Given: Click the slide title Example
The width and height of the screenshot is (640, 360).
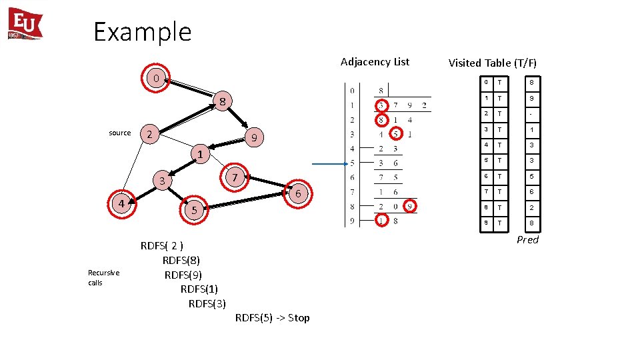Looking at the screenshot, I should (x=142, y=31).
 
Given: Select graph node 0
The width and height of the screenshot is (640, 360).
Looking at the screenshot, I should (x=155, y=79).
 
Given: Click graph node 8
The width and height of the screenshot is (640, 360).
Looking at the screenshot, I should (x=223, y=102).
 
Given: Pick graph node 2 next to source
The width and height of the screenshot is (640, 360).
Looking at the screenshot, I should (x=150, y=135).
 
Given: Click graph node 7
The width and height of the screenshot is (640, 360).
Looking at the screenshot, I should (x=234, y=177).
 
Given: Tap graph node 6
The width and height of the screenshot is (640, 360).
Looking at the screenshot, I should (x=299, y=193).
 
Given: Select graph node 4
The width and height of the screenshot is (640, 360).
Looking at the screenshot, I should (x=122, y=203).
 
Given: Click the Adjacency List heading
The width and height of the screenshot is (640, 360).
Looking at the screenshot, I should (x=375, y=62).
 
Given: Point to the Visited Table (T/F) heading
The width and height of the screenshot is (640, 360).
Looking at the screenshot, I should (x=492, y=63).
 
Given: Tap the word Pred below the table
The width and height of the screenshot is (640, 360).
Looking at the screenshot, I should (x=527, y=240).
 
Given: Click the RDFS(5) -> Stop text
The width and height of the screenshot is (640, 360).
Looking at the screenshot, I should (x=272, y=318).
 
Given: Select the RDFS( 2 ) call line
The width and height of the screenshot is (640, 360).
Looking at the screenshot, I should (x=162, y=245).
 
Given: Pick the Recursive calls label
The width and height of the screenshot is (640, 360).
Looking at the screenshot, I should (x=103, y=277).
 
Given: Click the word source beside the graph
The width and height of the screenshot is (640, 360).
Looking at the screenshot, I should (x=120, y=133).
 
